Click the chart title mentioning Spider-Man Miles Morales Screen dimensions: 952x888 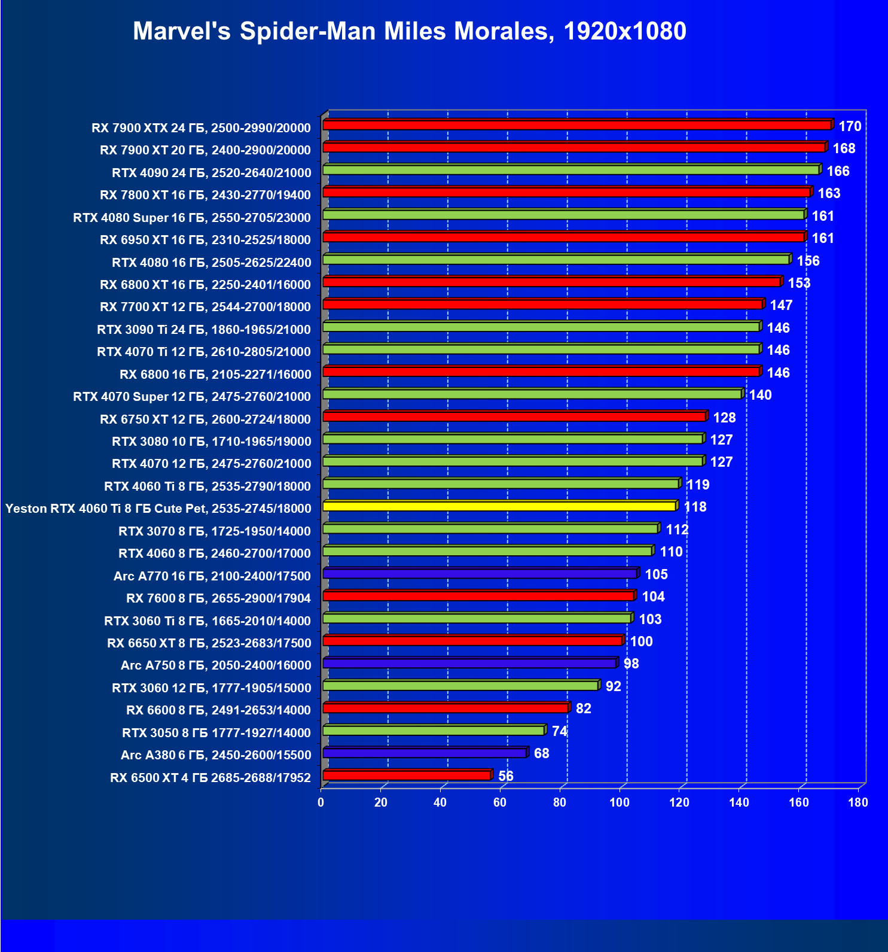click(x=410, y=31)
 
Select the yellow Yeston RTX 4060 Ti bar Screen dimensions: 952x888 click(x=499, y=506)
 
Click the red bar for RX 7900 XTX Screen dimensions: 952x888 click(x=577, y=125)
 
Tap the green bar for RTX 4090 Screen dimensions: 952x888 click(x=571, y=170)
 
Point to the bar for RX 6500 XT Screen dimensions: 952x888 click(x=407, y=775)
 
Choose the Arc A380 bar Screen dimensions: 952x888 click(x=425, y=753)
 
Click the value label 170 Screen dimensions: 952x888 click(x=850, y=126)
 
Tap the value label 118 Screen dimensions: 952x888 click(x=695, y=507)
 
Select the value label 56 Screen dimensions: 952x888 click(x=506, y=776)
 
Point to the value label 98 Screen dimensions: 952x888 click(x=631, y=664)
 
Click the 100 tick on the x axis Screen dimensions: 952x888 click(x=620, y=802)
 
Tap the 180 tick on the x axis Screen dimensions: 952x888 click(x=858, y=802)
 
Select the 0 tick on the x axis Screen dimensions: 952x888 click(x=321, y=802)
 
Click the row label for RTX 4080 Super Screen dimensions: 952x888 click(x=192, y=217)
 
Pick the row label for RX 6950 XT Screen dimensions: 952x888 click(x=205, y=240)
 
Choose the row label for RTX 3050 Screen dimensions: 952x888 click(x=216, y=732)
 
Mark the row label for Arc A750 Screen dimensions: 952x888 click(x=216, y=665)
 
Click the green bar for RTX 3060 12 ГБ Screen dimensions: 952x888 click(x=460, y=686)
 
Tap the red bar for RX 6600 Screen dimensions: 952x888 click(x=445, y=708)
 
